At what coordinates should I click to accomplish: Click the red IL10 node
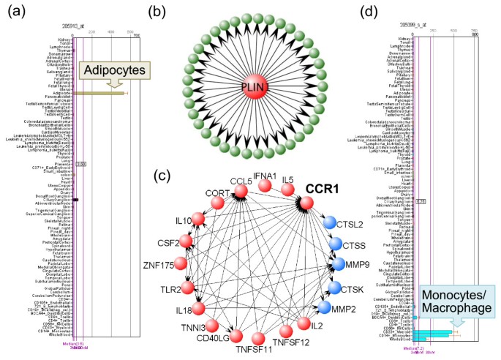[196, 217]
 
